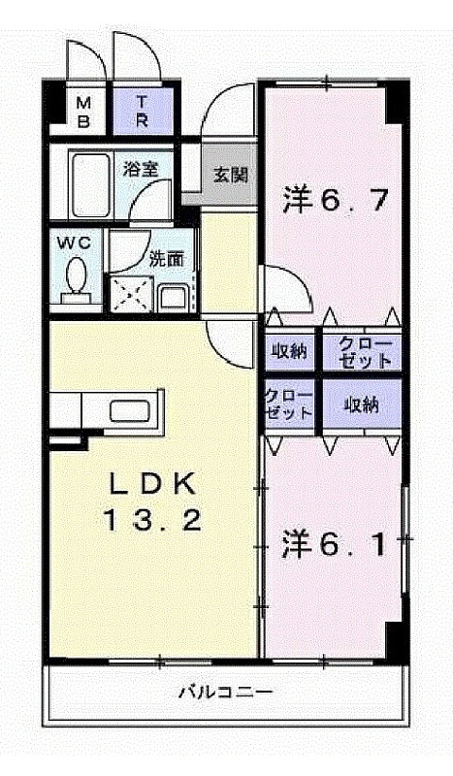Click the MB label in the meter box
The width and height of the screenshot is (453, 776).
point(84,113)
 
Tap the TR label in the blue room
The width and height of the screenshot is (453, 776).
point(142,112)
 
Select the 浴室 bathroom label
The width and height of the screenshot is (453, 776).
point(141,169)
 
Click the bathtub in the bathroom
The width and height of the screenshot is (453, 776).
point(89,185)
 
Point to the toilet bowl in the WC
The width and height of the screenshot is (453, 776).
point(77,275)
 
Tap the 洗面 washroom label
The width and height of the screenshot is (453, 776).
point(167,259)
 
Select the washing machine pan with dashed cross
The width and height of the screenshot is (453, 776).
point(131,295)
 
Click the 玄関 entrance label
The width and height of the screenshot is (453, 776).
point(230,175)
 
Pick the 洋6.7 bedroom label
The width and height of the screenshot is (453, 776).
point(335,200)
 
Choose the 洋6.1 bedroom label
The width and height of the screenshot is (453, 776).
point(334,544)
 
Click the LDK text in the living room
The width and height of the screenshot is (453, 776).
point(152,484)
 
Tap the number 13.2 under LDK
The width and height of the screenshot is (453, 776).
point(152,520)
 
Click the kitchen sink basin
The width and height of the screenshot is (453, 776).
point(130,411)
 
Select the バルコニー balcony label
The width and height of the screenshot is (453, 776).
point(225,691)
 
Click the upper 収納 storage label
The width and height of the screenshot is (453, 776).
point(289,352)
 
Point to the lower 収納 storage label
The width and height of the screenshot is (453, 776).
point(362,405)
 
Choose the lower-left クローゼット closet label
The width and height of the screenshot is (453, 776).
point(289,404)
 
